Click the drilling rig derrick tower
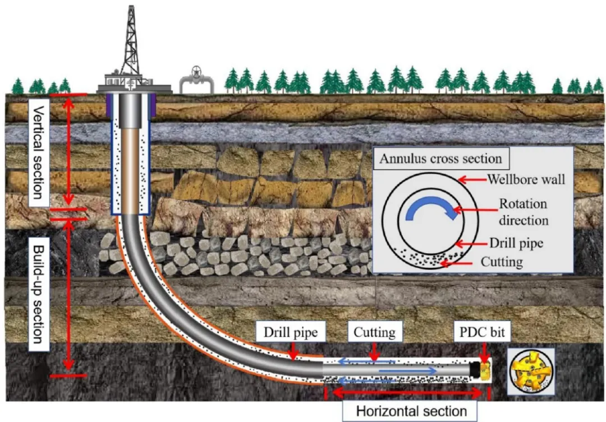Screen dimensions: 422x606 [x=131, y=45]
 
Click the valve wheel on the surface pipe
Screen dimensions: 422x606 [x=196, y=72]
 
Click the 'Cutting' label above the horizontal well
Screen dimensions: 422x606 [x=374, y=333]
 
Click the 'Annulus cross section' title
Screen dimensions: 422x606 [x=440, y=158]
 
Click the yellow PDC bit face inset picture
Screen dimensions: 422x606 [x=530, y=371]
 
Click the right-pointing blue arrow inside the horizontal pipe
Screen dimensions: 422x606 [x=408, y=370]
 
